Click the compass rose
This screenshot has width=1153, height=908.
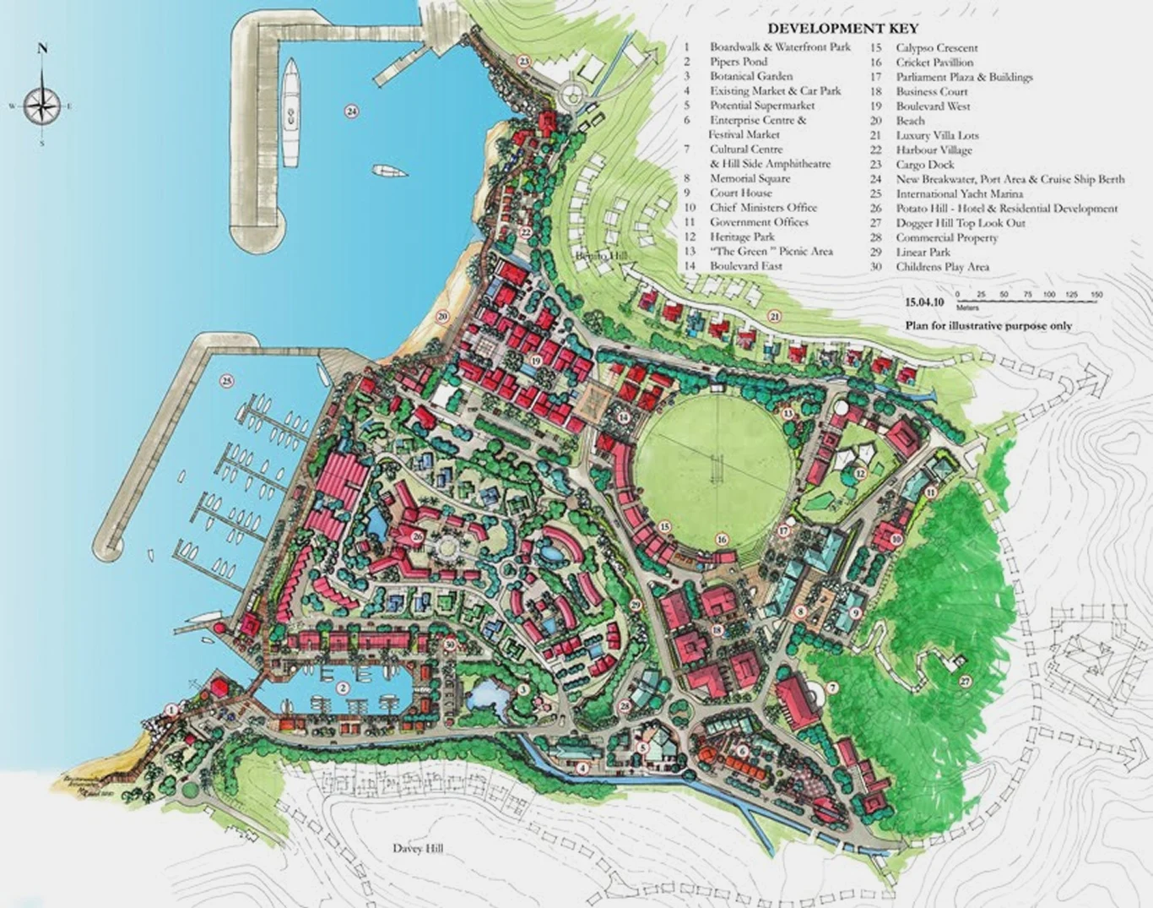41,105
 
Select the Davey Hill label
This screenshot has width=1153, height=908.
418,848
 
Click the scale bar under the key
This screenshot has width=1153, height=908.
1028,297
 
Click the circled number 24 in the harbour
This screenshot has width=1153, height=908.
351,111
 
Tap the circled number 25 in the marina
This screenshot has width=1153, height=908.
226,381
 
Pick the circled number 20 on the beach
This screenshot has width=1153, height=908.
441,317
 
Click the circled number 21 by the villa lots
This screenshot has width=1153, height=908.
774,316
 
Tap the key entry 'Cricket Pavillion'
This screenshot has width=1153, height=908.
934,63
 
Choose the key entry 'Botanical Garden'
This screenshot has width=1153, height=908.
750,76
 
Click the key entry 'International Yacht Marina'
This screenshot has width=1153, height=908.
959,193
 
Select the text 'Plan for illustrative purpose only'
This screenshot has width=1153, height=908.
988,325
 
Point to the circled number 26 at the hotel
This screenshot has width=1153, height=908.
417,536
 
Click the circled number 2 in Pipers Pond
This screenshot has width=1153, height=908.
343,688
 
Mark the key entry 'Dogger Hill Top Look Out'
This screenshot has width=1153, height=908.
961,223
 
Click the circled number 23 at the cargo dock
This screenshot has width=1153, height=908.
523,61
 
